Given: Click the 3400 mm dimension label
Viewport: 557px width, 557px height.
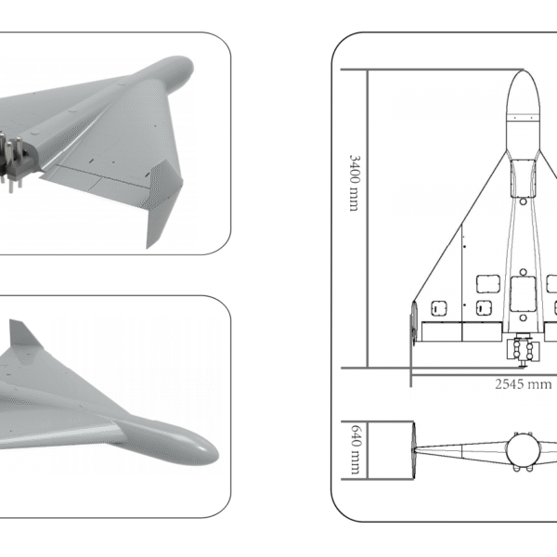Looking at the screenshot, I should point(353,182).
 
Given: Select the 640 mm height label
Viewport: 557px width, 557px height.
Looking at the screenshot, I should point(353,449).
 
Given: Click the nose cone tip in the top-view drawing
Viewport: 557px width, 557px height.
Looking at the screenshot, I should point(524,73).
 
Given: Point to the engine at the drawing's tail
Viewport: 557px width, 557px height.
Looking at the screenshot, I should point(524,349).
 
